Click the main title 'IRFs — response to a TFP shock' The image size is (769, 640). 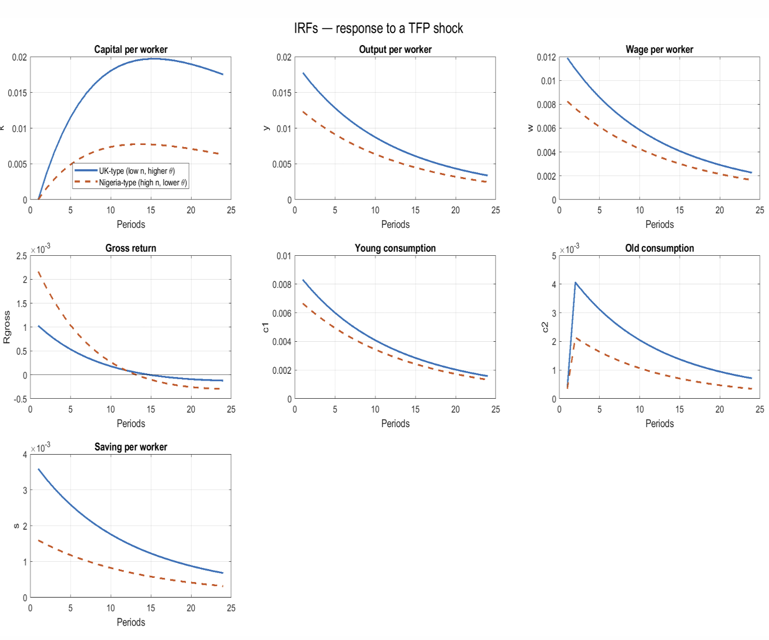click(x=379, y=28)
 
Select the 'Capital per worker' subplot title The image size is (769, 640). click(x=130, y=50)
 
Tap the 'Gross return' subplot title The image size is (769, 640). click(x=130, y=249)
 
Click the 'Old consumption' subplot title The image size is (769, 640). click(x=659, y=249)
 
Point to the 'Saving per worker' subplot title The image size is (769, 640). click(x=130, y=447)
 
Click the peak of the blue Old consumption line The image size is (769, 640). click(x=575, y=283)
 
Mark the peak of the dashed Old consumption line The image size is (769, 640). click(x=576, y=338)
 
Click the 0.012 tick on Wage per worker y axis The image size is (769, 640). click(x=546, y=57)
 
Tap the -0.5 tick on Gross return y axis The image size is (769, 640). click(x=21, y=399)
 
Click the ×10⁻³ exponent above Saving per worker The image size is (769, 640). click(x=40, y=447)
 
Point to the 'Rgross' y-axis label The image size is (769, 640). click(x=7, y=327)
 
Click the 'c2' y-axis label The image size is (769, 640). click(x=545, y=327)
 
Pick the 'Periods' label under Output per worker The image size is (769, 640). click(x=395, y=225)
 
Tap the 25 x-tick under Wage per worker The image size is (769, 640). click(x=760, y=210)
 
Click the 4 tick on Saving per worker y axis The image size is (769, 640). click(x=25, y=455)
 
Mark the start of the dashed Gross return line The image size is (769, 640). click(x=39, y=272)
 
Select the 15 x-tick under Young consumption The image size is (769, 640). click(x=415, y=410)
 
